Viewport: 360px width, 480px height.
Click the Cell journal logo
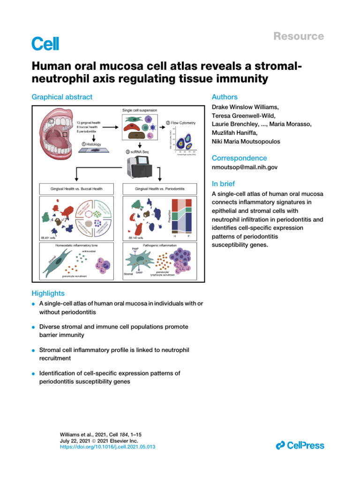click(45, 44)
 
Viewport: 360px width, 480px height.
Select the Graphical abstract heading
click(62, 97)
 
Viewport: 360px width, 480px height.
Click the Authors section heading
click(225, 97)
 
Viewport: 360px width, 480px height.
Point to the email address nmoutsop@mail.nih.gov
click(244, 167)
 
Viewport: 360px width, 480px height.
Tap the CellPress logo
click(300, 445)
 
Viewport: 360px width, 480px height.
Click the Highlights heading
click(48, 293)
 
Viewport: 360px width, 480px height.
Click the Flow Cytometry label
click(180, 123)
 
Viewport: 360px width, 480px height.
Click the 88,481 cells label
click(49, 238)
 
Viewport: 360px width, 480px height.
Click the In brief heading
click(224, 184)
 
